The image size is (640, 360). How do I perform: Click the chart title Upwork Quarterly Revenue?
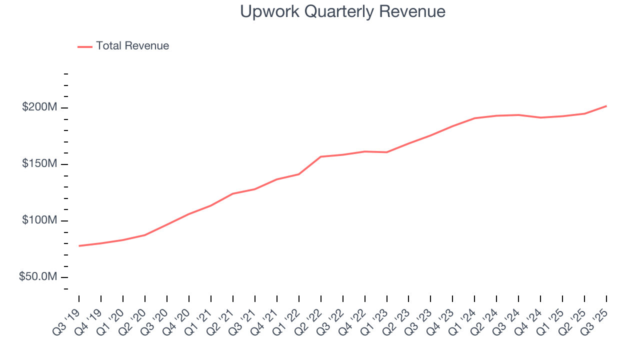click(x=342, y=11)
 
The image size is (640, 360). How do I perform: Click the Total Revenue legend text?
click(x=132, y=46)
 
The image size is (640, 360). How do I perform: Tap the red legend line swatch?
click(x=85, y=46)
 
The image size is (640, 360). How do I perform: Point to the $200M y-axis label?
click(x=39, y=107)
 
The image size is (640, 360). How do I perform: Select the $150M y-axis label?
click(x=39, y=164)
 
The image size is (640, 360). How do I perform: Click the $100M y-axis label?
click(x=39, y=220)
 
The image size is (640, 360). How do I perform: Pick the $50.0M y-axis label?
click(x=38, y=277)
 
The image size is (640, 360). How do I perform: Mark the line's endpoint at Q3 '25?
click(x=606, y=106)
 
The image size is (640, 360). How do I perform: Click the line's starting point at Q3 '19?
click(x=79, y=246)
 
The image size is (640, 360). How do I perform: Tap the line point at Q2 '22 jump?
click(x=320, y=156)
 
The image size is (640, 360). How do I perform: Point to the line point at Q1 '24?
click(x=474, y=118)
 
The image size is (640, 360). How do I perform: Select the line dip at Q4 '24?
click(x=540, y=117)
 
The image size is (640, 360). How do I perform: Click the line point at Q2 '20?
click(x=145, y=235)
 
